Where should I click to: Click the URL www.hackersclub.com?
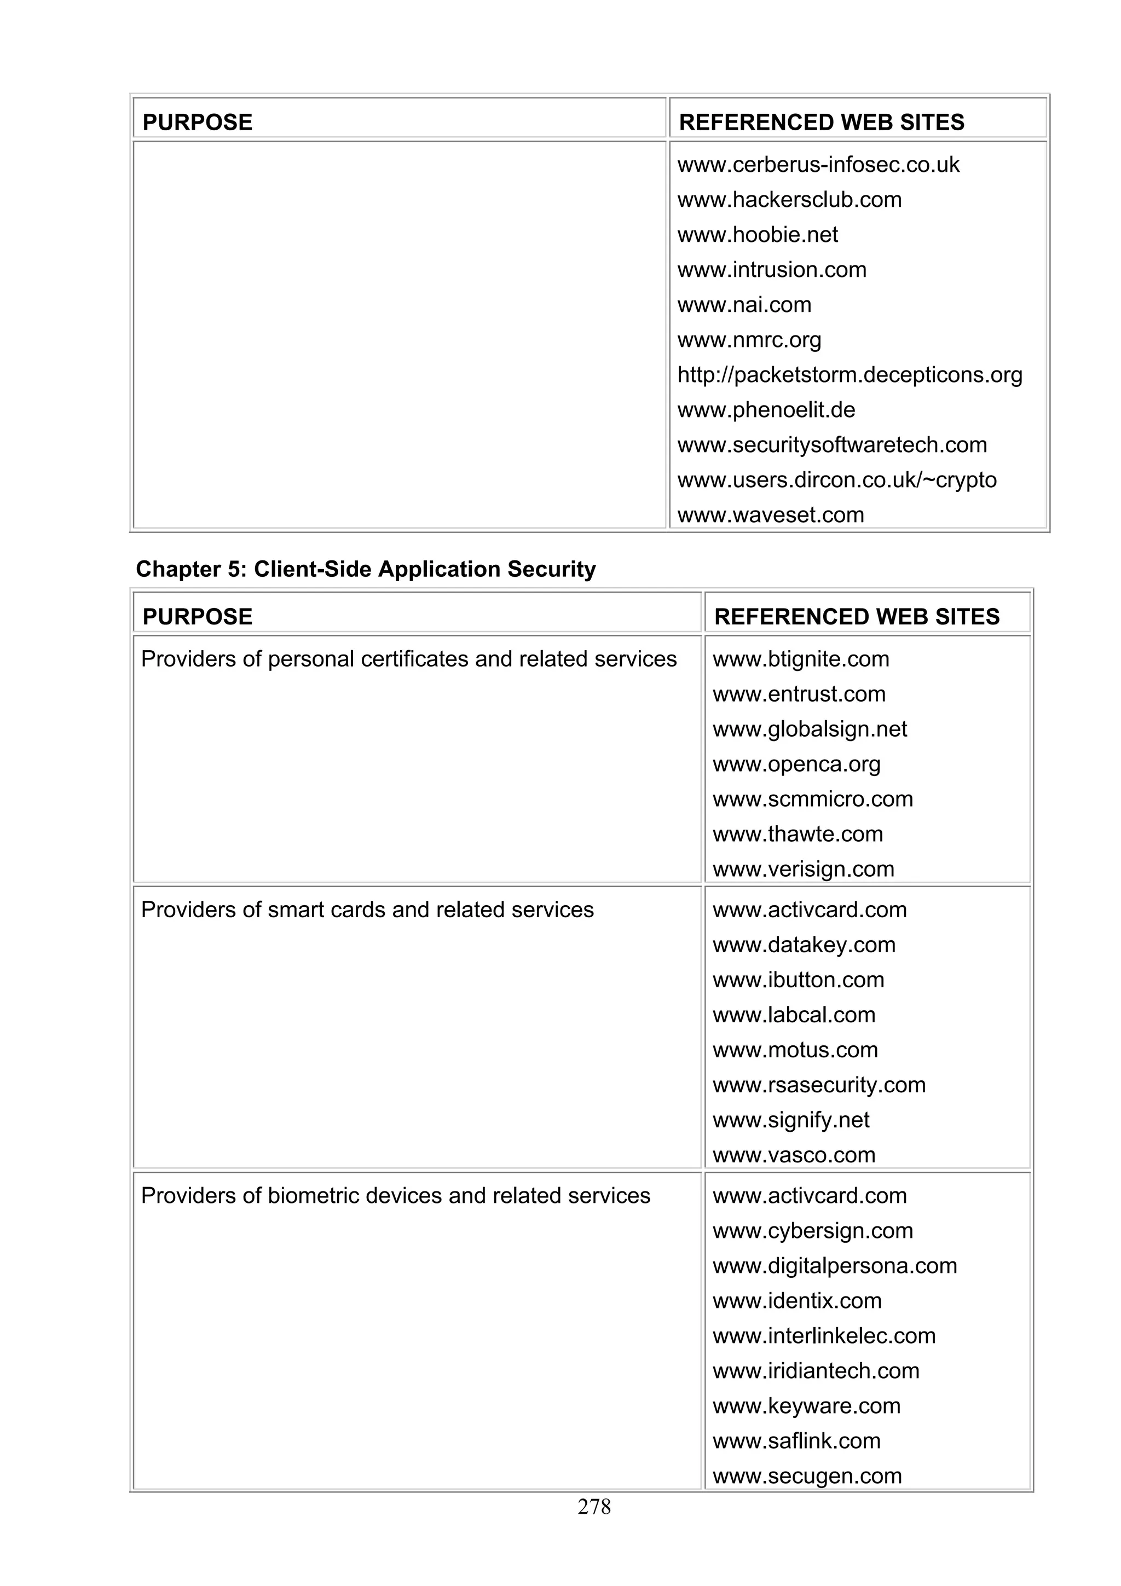789,200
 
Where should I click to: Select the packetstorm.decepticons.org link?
849,374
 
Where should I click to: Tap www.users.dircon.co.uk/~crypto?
836,479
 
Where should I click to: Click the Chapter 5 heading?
366,569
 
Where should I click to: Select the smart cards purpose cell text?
367,910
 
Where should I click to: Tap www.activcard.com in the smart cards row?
809,910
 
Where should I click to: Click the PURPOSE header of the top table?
198,122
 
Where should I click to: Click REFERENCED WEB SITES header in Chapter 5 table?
857,616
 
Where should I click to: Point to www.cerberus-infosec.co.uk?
818,164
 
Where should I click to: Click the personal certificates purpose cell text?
408,659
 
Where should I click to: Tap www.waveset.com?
770,514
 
